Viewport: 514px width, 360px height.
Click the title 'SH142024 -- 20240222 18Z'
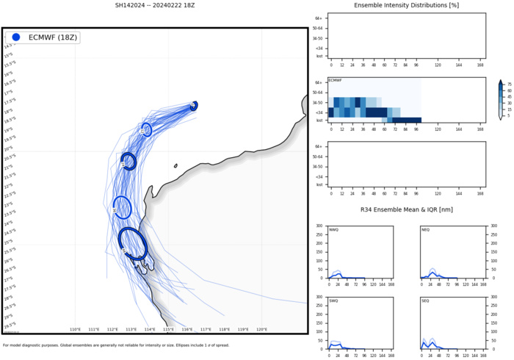153,5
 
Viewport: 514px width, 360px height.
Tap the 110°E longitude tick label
75,330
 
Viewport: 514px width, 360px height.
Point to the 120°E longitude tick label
261,330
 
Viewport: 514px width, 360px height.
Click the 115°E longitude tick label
168,330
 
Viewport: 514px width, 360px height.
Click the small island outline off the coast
175,165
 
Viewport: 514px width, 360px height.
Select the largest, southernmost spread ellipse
132,243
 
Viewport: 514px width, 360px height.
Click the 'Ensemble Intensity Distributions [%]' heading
405,5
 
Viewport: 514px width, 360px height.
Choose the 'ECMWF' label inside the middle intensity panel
335,79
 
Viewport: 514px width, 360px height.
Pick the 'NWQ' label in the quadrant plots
334,230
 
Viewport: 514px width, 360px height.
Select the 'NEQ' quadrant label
425,230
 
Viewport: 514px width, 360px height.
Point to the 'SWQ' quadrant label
334,301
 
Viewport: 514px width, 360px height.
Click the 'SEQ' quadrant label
425,301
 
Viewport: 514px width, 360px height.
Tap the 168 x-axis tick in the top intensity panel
480,65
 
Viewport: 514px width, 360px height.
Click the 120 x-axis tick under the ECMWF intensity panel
438,129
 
